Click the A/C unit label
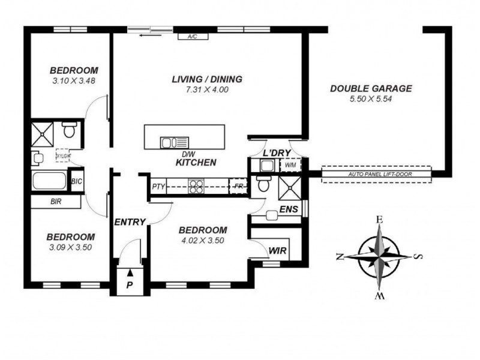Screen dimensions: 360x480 193,37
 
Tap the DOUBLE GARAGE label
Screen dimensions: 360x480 371,89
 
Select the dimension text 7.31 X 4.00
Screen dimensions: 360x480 206,89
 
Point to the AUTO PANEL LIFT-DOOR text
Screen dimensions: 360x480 376,175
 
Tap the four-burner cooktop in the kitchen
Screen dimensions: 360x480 197,187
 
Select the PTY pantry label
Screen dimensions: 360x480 158,187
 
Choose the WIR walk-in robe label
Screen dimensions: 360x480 277,249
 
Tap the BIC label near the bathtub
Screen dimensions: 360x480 77,181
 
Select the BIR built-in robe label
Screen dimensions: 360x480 56,202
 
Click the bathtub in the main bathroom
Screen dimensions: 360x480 50,181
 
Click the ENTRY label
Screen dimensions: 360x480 130,223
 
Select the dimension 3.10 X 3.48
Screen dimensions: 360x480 74,80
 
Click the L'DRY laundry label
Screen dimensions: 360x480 277,154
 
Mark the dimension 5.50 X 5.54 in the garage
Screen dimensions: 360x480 371,99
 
